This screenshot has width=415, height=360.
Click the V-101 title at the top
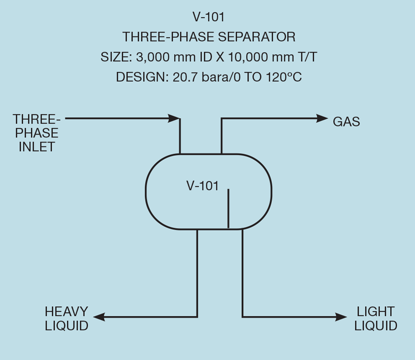[208, 17]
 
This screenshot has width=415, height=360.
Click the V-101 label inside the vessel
[202, 186]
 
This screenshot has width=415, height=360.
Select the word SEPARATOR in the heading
[257, 37]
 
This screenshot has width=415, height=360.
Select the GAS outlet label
[346, 122]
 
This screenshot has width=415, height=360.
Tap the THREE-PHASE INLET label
[36, 133]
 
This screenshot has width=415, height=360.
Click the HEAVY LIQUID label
[66, 319]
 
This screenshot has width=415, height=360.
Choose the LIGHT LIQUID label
[376, 319]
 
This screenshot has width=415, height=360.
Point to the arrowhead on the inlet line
[174, 118]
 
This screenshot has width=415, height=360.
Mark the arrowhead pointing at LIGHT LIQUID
[341, 316]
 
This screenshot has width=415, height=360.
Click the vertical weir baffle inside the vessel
[228, 209]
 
